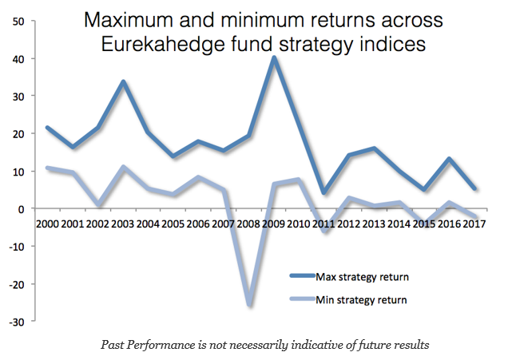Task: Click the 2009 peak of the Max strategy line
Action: click(273, 57)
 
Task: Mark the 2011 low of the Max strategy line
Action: click(323, 192)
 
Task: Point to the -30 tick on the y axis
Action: click(16, 321)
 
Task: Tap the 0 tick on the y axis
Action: click(21, 208)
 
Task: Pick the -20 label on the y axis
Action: click(16, 283)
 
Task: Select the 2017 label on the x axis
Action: click(474, 224)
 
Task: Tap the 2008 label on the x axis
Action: click(248, 224)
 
